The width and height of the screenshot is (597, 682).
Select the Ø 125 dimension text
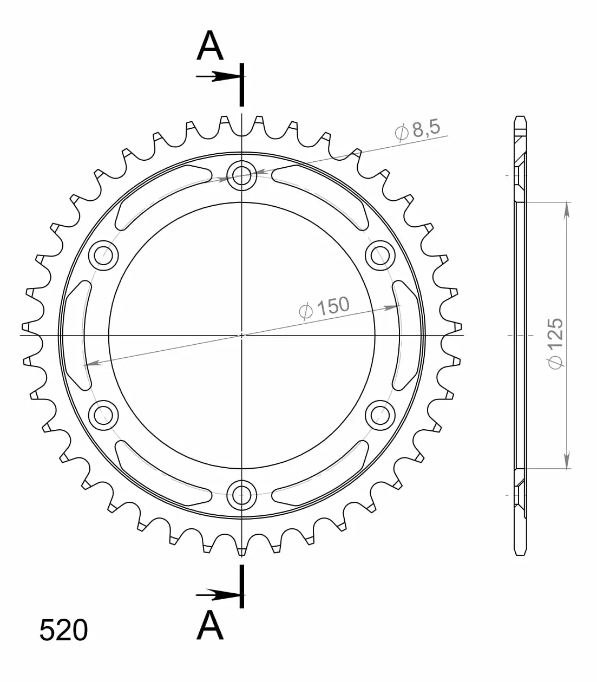pos(555,344)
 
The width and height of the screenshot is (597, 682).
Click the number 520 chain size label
pos(64,630)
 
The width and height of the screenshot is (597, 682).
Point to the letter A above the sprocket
pos(210,45)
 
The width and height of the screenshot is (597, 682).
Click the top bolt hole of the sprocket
pos(241,175)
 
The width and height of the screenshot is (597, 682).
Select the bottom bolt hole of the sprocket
pos(241,495)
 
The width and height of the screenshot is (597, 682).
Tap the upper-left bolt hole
pos(103,255)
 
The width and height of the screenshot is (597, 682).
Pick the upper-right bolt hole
pos(380,255)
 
